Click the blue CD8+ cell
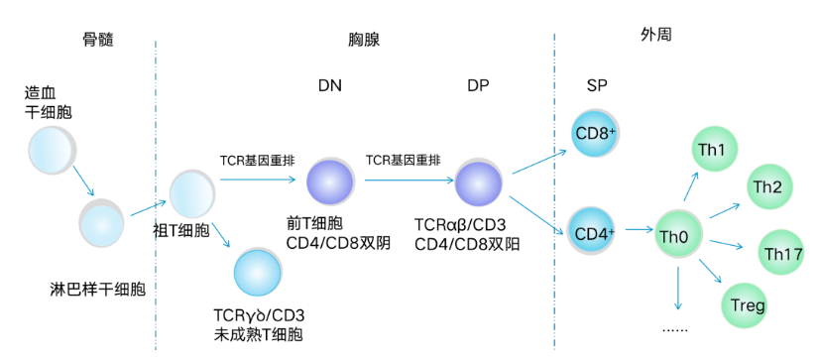598,132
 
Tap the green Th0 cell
678,234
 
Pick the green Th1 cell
712,151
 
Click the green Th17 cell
781,254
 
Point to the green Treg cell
747,304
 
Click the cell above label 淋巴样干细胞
103,222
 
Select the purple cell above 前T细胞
330,181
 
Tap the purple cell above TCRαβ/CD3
479,181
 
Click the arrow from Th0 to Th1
690,188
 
